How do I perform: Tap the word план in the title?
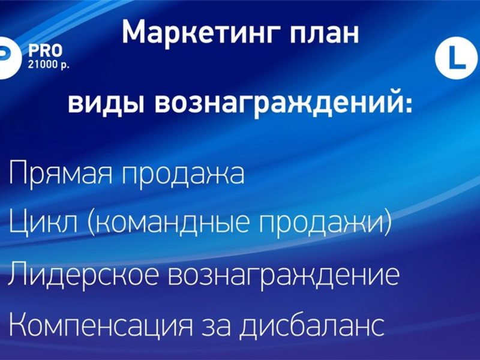(x=325, y=34)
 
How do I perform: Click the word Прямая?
(x=62, y=172)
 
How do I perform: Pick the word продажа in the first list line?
(x=184, y=173)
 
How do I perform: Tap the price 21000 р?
(x=49, y=65)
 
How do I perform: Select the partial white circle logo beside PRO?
(x=10, y=58)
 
